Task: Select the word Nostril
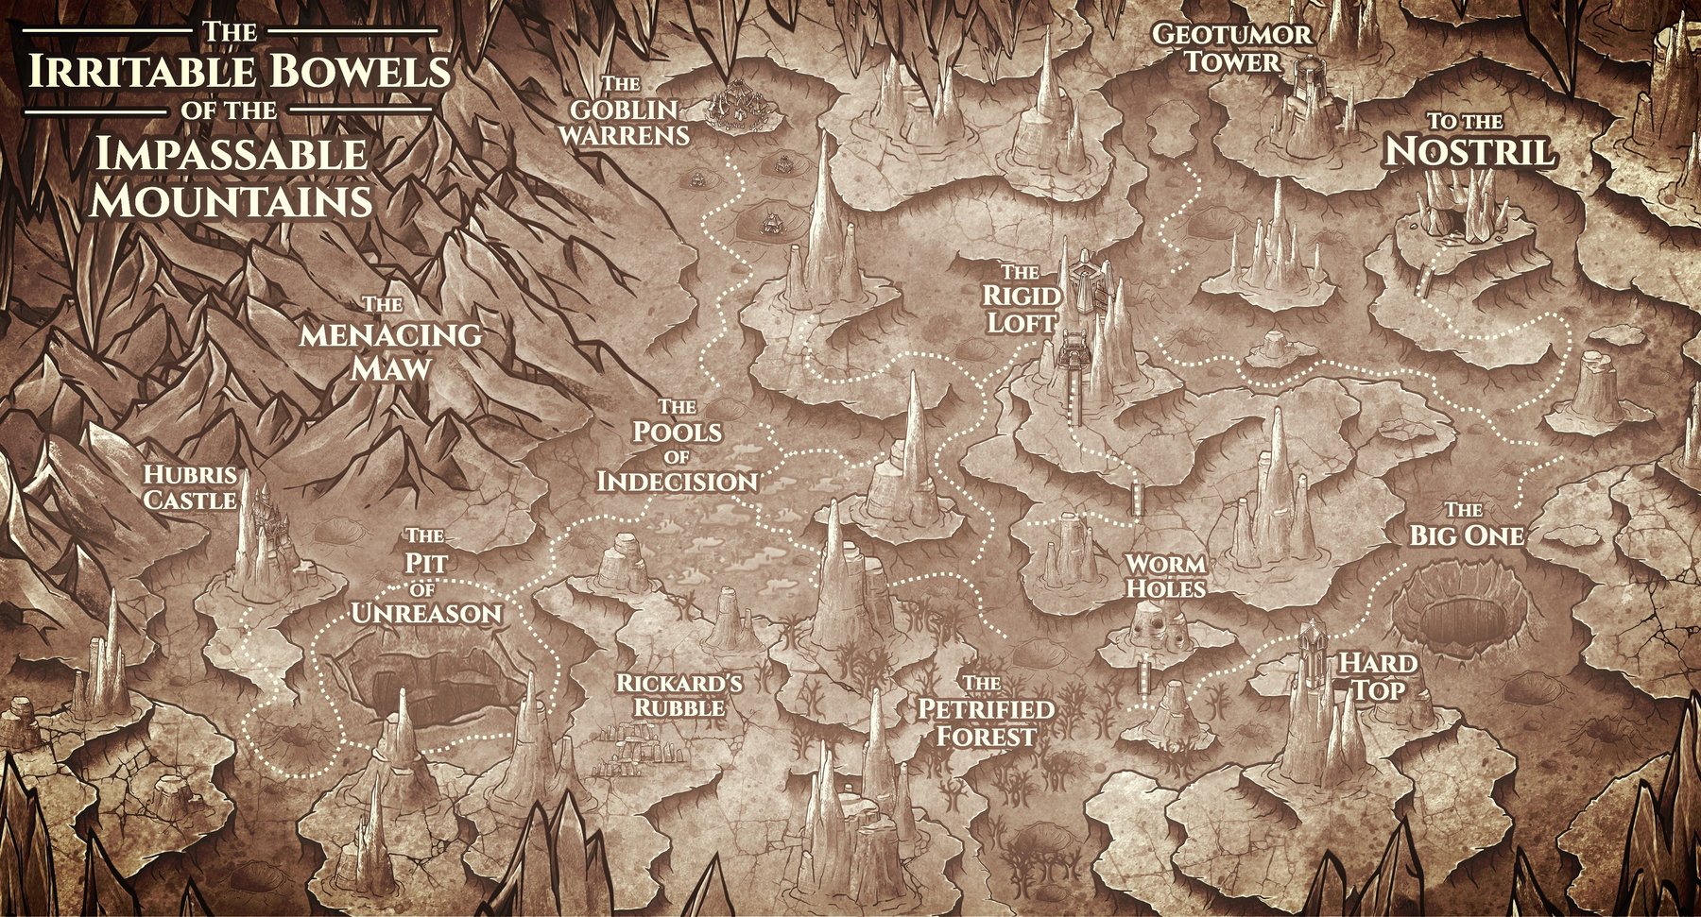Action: coord(1469,151)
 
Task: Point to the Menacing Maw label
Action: coord(389,340)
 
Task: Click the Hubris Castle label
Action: coord(189,487)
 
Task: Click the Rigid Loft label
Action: coord(1021,298)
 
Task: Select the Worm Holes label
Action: coord(1165,576)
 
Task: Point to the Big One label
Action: coord(1467,526)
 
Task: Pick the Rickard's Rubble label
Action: coord(679,695)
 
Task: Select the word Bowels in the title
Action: coord(359,72)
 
